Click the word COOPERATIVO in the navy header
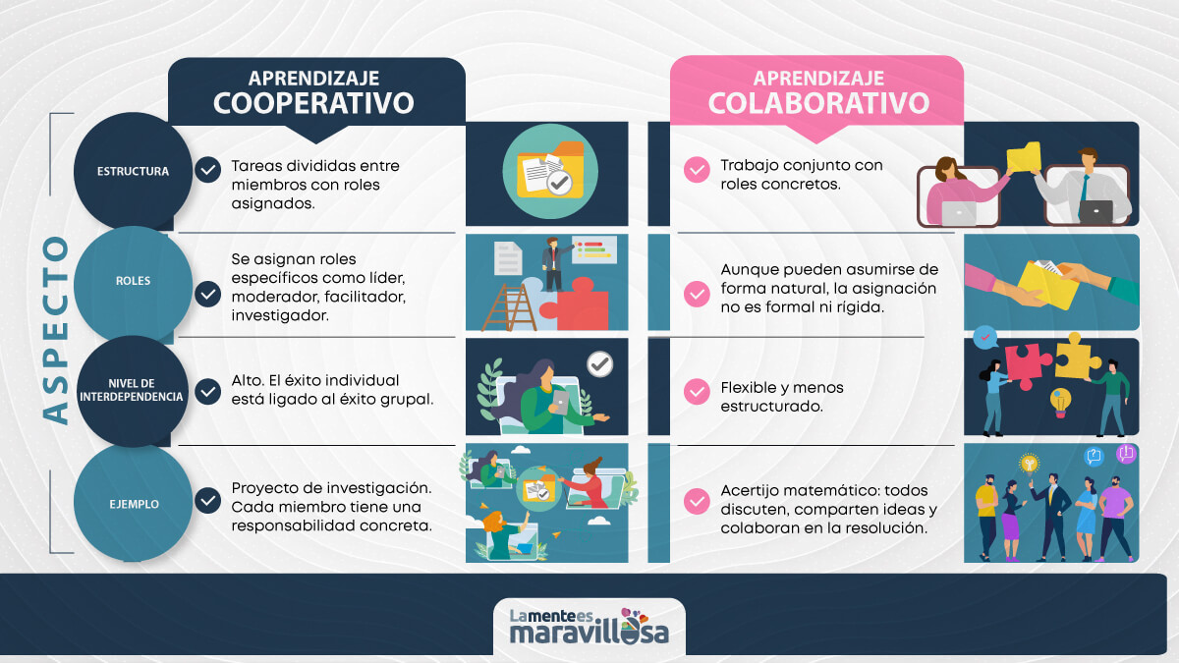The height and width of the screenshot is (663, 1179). coord(313,103)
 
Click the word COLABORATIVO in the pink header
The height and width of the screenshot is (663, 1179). coord(817,103)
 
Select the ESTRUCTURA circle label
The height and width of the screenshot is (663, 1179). coord(133,171)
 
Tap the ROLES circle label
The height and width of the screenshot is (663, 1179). coord(133,280)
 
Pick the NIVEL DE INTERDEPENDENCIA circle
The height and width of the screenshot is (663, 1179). coord(133,390)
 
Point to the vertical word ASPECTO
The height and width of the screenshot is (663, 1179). coord(57,329)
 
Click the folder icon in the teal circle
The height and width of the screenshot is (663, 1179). coord(549,173)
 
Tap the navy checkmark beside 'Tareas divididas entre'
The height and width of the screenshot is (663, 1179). coord(207,170)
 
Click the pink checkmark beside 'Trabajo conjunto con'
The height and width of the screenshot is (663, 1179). coord(697,170)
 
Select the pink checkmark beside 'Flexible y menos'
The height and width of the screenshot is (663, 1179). coord(697,391)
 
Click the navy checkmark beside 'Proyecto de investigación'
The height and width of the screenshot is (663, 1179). coord(207,501)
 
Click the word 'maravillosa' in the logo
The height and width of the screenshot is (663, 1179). coord(589,632)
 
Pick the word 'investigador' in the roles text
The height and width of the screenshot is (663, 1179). coord(274,315)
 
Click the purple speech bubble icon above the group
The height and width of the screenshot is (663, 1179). coord(1126,454)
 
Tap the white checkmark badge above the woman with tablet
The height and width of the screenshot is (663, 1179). coord(598,365)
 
